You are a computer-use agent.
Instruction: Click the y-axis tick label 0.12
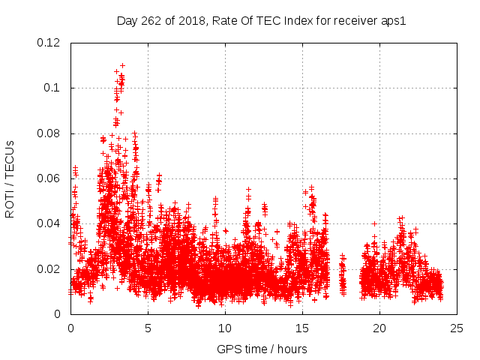click(x=50, y=43)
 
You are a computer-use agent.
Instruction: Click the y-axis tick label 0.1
click(x=54, y=88)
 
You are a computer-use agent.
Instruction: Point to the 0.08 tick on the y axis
click(x=50, y=133)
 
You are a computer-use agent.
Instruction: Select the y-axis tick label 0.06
click(x=50, y=178)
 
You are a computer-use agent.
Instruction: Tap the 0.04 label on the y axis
click(x=50, y=223)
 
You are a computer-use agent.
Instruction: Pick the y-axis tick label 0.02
click(x=50, y=268)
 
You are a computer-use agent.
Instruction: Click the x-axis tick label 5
click(x=148, y=328)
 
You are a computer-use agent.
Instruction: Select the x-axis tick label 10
click(x=225, y=328)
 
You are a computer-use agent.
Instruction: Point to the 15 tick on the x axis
click(x=302, y=328)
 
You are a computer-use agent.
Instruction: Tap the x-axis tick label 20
click(x=379, y=328)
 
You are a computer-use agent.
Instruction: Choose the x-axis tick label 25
click(x=457, y=328)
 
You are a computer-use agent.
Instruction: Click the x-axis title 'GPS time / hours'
click(x=262, y=349)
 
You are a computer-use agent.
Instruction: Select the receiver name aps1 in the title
click(x=393, y=20)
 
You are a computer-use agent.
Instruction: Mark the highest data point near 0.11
click(x=122, y=65)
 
